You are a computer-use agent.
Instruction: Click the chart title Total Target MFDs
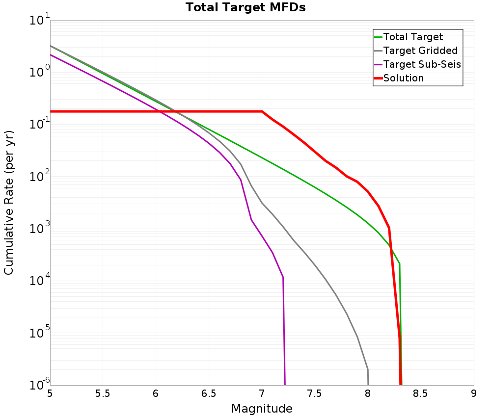245,8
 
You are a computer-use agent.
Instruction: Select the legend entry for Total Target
413,37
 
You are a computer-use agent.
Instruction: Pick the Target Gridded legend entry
420,51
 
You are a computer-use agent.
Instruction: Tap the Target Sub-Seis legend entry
422,64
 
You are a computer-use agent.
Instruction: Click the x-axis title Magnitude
262,409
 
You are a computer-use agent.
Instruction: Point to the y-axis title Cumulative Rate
9,203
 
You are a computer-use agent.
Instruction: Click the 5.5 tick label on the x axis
103,393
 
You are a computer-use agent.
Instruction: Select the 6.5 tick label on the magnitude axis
209,393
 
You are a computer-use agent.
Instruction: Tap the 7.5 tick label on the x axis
314,393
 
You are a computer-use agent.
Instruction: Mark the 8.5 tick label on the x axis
420,393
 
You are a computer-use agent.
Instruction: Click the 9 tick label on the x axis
474,393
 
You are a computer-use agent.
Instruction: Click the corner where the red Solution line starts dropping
262,111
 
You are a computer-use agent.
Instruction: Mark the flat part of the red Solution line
157,111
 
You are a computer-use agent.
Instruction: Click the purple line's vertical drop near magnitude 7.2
284,334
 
